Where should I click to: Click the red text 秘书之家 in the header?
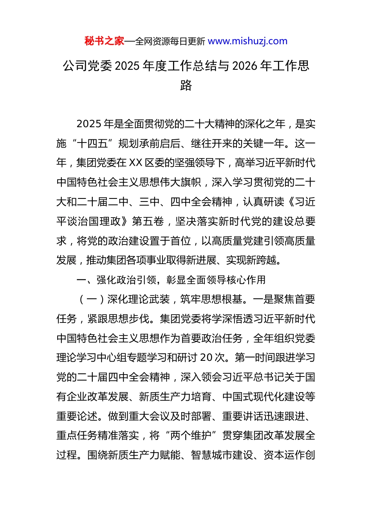[x=104, y=41]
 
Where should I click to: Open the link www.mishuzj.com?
[x=247, y=41]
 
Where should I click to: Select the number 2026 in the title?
[x=245, y=66]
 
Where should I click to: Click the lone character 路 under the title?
[x=186, y=85]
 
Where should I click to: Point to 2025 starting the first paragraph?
[x=89, y=124]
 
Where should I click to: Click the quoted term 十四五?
[x=92, y=144]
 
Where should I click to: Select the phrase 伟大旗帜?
[x=181, y=182]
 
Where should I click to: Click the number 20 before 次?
[x=206, y=358]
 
